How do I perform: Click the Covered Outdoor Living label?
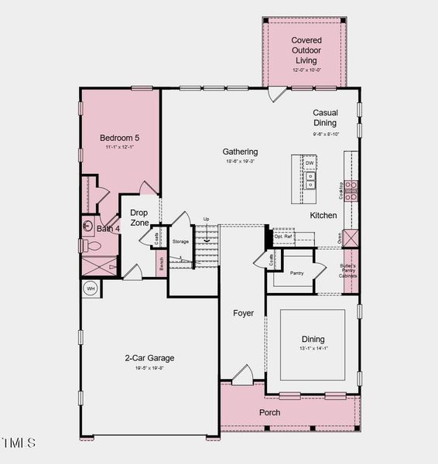coord(306,49)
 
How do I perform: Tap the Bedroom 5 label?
coord(119,138)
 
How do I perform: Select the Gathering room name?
coord(240,152)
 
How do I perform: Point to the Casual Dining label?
coord(325,118)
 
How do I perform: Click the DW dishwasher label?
coord(310,163)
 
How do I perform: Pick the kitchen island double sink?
coord(310,181)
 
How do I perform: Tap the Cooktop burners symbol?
coord(352,190)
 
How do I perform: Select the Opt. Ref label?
coord(283,237)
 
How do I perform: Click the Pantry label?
coord(296,273)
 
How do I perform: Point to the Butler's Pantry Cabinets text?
coord(351,271)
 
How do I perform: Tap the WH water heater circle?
coord(91,288)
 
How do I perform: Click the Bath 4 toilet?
coord(91,246)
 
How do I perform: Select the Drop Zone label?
coord(139,217)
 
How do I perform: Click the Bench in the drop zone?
coord(161,263)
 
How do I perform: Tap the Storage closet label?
coord(180,242)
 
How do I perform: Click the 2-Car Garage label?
coord(149,358)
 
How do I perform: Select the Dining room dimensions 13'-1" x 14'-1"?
coord(313,348)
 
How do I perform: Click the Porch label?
coord(269,412)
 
